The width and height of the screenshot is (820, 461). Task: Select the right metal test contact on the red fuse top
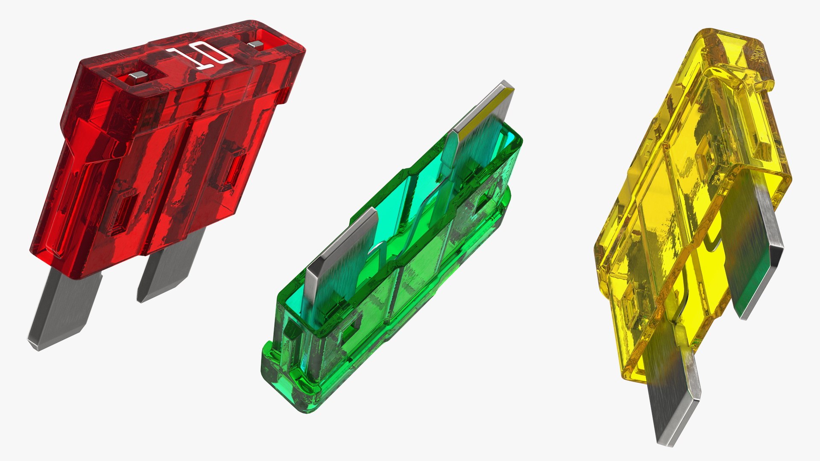coord(255,44)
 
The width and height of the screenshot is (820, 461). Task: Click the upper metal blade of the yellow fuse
coord(760,252)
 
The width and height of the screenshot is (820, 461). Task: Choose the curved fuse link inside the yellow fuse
coord(709,239)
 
